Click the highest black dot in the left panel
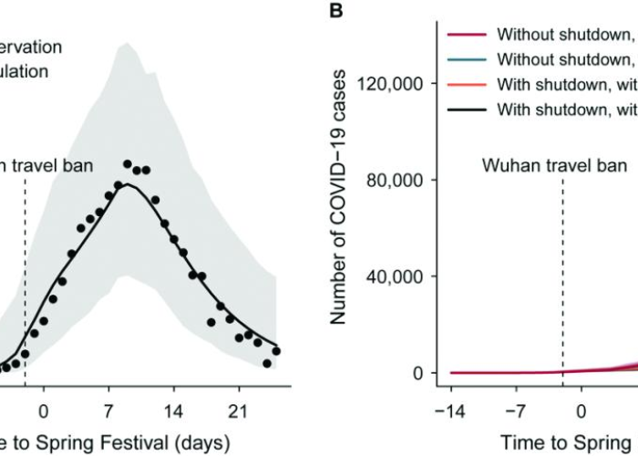tap(129, 164)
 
